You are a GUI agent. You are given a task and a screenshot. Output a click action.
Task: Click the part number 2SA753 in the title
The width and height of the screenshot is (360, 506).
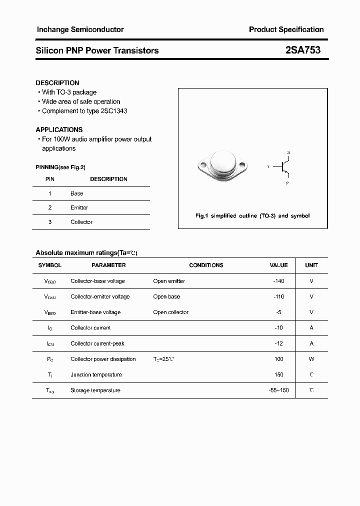pyautogui.click(x=303, y=50)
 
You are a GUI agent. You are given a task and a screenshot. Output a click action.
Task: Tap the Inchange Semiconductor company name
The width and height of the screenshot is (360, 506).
pyautogui.click(x=80, y=29)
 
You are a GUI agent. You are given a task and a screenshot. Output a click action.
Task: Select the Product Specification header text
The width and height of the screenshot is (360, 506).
pyautogui.click(x=286, y=29)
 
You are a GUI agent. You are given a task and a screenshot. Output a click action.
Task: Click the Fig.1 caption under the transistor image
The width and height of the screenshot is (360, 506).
pyautogui.click(x=252, y=216)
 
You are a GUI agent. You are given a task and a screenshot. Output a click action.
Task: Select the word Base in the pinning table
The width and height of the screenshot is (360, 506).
pyautogui.click(x=77, y=193)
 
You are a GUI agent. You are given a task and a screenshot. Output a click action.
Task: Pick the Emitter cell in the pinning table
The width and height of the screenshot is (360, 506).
pyautogui.click(x=79, y=207)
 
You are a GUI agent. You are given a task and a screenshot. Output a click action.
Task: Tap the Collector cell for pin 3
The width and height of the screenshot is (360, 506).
pyautogui.click(x=81, y=222)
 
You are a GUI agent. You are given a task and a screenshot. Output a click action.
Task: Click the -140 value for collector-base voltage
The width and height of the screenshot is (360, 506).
pyautogui.click(x=278, y=281)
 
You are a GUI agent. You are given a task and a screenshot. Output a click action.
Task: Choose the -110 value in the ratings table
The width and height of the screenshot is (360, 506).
pyautogui.click(x=278, y=296)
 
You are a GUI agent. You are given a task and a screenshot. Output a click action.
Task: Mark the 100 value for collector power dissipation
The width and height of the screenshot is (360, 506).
pyautogui.click(x=279, y=359)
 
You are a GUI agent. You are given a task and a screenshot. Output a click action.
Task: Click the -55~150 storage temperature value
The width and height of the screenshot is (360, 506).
pyautogui.click(x=278, y=390)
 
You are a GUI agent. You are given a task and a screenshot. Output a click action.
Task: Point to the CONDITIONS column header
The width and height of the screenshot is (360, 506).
pyautogui.click(x=206, y=265)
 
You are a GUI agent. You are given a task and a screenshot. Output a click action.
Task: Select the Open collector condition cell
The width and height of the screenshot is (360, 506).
pyautogui.click(x=170, y=312)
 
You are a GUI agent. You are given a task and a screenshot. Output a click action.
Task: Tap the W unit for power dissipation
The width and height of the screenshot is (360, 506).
pyautogui.click(x=311, y=359)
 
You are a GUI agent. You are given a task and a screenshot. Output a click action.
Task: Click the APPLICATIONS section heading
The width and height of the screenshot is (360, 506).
pyautogui.click(x=59, y=129)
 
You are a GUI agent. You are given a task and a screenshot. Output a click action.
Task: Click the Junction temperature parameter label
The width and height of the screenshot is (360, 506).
pyautogui.click(x=96, y=374)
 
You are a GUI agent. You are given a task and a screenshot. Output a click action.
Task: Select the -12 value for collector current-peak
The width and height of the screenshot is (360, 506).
pyautogui.click(x=279, y=343)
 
